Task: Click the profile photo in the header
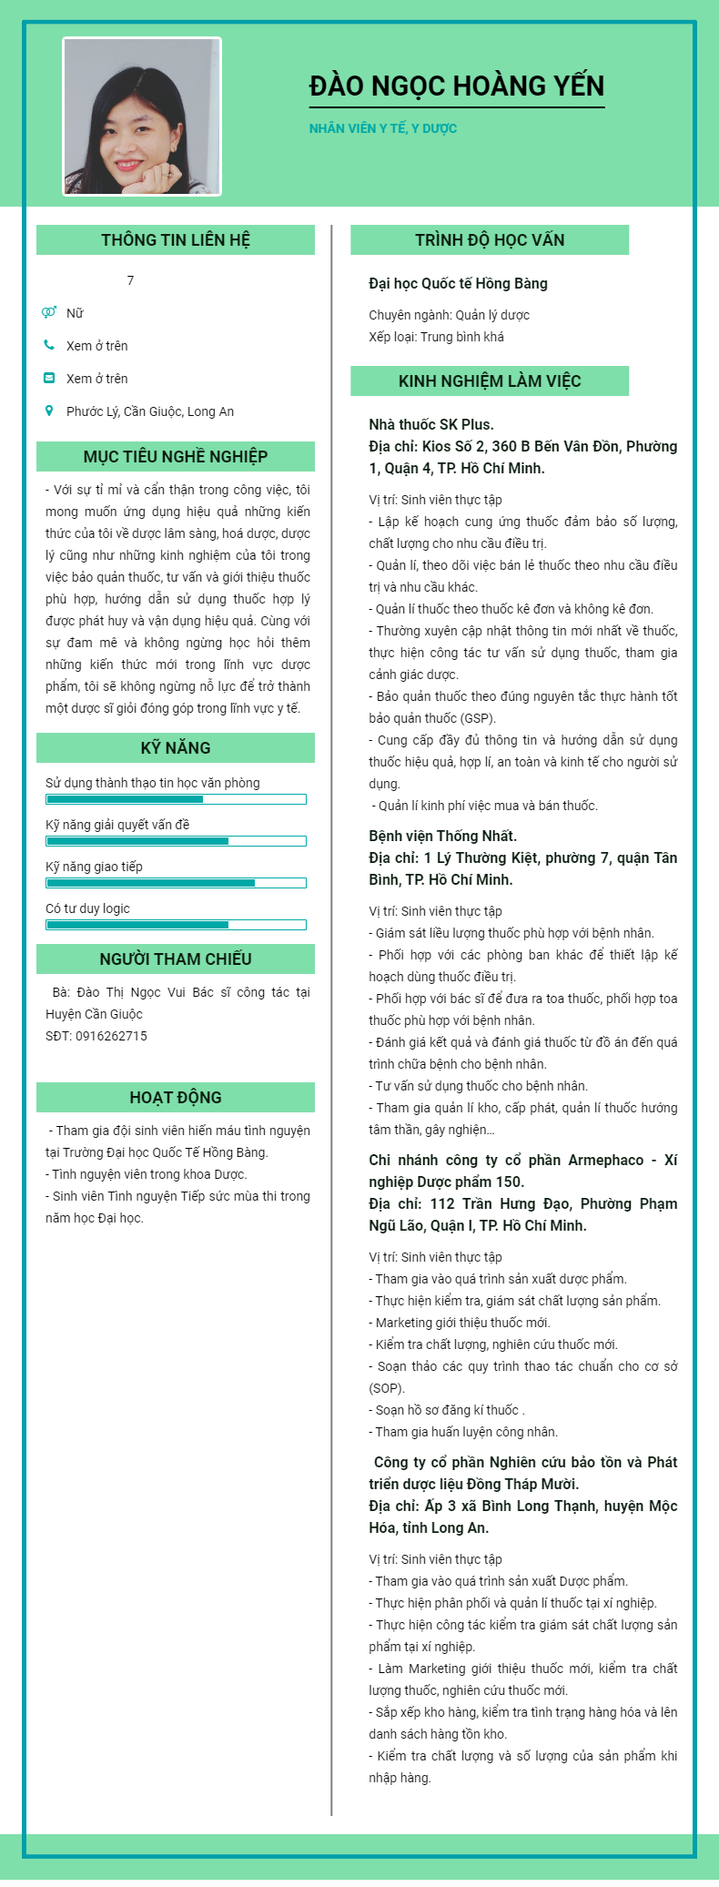(x=142, y=117)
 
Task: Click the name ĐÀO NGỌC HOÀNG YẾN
(x=456, y=86)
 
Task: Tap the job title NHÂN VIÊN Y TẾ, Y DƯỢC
(x=382, y=128)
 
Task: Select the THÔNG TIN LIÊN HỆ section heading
(x=176, y=240)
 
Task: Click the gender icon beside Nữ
(x=49, y=312)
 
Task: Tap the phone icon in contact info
(x=49, y=345)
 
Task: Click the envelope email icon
(x=49, y=378)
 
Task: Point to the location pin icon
(x=49, y=411)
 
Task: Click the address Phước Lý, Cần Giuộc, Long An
(x=150, y=411)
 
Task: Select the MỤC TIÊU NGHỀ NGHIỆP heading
(x=176, y=457)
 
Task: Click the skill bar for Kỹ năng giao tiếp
(x=176, y=883)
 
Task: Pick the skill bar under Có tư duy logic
(x=176, y=925)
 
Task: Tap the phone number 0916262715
(x=111, y=1036)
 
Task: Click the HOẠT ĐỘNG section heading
(x=176, y=1098)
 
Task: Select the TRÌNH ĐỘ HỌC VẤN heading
(x=490, y=240)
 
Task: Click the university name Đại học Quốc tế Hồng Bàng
(x=458, y=284)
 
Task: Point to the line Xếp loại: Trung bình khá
(x=436, y=337)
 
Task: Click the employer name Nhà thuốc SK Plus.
(x=430, y=425)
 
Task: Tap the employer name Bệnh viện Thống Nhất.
(x=442, y=837)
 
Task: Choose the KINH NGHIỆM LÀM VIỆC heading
(x=490, y=381)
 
